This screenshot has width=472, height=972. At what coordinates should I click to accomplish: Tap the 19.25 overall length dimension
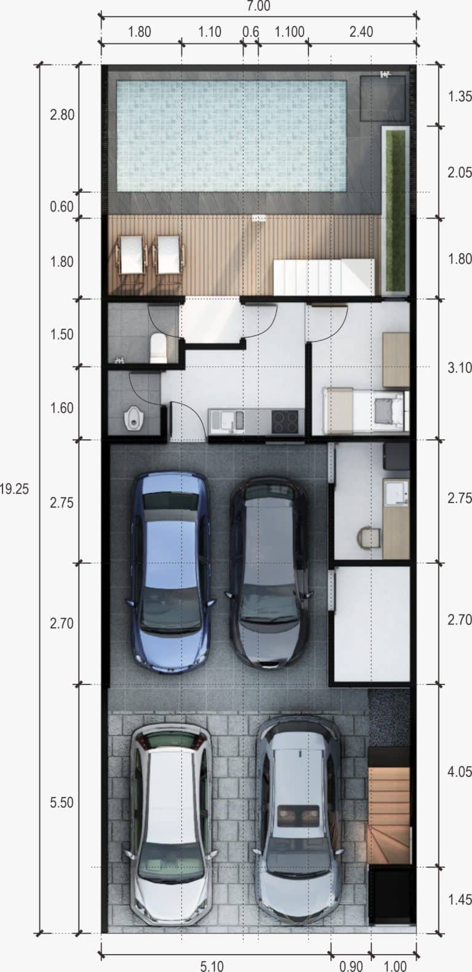pyautogui.click(x=14, y=489)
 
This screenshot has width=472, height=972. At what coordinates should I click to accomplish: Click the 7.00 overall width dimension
pyautogui.click(x=258, y=6)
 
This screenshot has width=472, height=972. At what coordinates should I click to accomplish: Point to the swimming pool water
pyautogui.click(x=232, y=136)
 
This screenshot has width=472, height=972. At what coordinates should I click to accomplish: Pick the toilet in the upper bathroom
pyautogui.click(x=158, y=348)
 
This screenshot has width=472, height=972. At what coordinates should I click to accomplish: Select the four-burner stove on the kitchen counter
pyautogui.click(x=285, y=421)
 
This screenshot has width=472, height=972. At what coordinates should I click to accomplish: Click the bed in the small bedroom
pyautogui.click(x=365, y=411)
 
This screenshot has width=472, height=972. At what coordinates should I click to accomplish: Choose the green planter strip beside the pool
pyautogui.click(x=396, y=211)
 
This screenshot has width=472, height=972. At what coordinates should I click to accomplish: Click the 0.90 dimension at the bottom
pyautogui.click(x=351, y=965)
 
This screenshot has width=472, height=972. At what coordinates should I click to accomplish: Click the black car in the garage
pyautogui.click(x=269, y=573)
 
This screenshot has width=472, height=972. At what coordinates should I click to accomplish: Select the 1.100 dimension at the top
pyautogui.click(x=289, y=32)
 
